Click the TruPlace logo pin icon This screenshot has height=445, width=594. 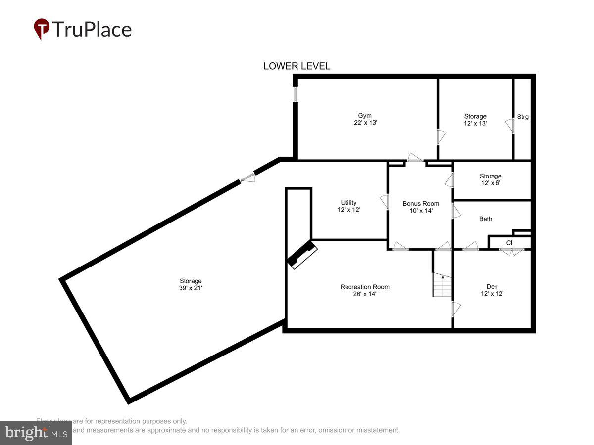(42, 29)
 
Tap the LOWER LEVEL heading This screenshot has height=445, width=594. (297, 66)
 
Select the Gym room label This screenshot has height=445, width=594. (365, 116)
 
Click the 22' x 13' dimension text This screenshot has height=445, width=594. (365, 123)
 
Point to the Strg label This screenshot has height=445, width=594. (523, 117)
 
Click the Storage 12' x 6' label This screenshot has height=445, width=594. (490, 180)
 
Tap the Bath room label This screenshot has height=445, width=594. (485, 219)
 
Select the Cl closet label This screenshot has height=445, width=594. (509, 243)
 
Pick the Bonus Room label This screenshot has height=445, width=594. (420, 203)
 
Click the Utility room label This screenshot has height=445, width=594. (348, 203)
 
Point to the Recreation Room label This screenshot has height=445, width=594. (364, 287)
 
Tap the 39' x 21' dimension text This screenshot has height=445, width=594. (191, 288)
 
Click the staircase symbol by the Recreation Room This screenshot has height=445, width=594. (442, 285)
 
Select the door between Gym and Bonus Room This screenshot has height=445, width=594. (414, 158)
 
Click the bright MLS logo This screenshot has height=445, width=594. (36, 433)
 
